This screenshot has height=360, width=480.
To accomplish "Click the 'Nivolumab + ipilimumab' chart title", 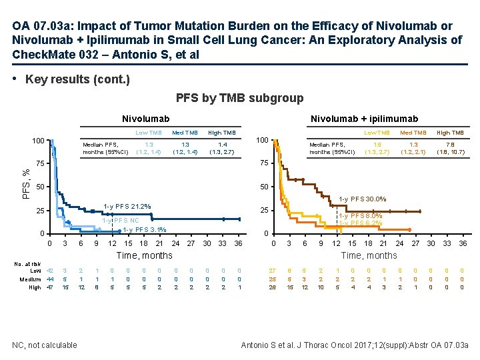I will (x=364, y=119).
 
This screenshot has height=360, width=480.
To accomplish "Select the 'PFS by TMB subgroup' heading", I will (x=239, y=99).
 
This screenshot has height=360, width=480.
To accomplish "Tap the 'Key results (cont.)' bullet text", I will (x=77, y=79).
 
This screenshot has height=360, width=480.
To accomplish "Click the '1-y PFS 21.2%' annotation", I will (x=127, y=206).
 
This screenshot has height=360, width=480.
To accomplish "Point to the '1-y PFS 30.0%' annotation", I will (x=362, y=199).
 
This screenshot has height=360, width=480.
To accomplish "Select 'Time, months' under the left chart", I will (x=145, y=255).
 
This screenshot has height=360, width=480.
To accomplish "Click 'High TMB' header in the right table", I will (x=450, y=133).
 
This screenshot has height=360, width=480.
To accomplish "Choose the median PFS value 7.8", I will (x=450, y=144).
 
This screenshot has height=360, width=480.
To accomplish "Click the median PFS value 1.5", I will (x=378, y=144).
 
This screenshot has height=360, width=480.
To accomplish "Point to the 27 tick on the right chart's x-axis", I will (x=415, y=243).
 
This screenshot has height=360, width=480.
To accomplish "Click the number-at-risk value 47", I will (x=49, y=288).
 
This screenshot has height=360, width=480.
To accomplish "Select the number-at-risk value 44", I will (x=49, y=279).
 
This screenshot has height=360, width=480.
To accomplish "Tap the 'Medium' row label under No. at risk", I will (x=30, y=279).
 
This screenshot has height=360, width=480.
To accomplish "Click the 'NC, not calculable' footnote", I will (x=45, y=345).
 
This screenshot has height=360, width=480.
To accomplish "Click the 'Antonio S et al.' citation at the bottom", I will (x=354, y=345).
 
